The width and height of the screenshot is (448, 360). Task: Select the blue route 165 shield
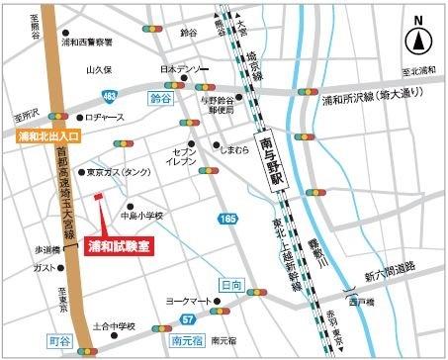229,218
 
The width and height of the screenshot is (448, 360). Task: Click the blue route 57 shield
187,318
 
